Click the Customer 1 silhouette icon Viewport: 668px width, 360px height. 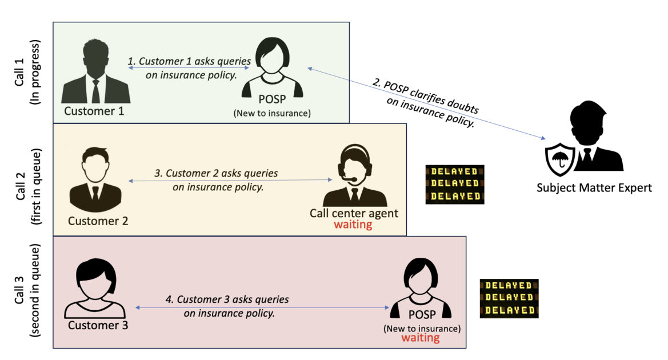[95, 71]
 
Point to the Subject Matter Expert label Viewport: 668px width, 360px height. [594, 187]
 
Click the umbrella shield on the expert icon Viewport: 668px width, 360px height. [559, 158]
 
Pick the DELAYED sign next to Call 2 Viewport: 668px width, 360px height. [455, 184]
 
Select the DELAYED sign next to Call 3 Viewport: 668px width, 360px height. [509, 298]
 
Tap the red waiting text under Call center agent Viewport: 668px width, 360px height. [353, 225]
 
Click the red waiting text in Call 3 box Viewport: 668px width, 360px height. [421, 338]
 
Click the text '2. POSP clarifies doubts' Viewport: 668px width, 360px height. [425, 95]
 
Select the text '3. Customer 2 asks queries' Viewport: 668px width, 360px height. [216, 173]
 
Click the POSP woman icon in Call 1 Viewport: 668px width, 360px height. [271, 67]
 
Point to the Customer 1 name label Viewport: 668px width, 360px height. [94, 111]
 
